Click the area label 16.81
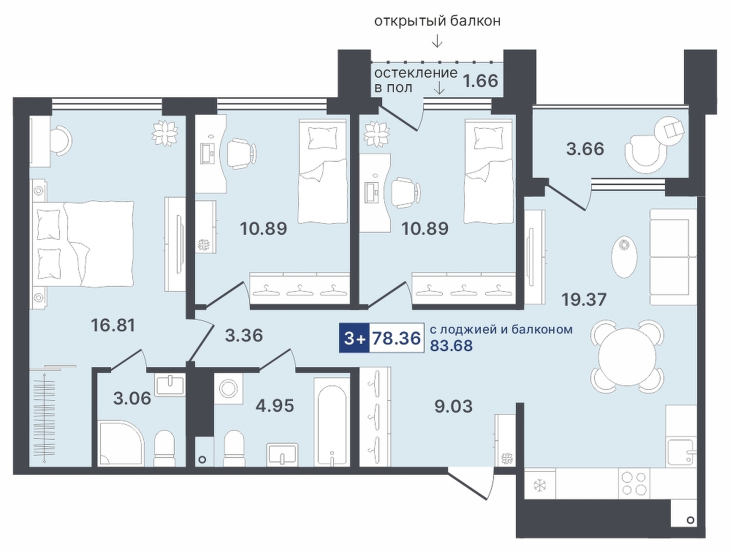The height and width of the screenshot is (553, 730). click(113, 325)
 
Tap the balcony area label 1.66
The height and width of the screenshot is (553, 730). click(481, 80)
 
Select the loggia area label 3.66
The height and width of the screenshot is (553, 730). click(585, 148)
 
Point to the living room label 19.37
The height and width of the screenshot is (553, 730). click(585, 300)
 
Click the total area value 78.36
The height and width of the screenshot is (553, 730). click(397, 338)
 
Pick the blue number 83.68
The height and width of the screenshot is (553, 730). click(451, 346)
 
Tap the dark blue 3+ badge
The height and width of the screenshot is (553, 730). click(354, 338)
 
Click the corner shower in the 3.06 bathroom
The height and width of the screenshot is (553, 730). click(120, 443)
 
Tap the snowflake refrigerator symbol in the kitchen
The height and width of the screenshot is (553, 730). click(540, 486)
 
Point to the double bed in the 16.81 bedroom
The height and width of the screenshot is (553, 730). click(83, 243)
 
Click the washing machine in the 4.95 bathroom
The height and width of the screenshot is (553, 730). click(229, 390)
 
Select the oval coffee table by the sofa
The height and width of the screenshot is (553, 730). click(623, 257)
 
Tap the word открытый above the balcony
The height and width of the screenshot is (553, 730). click(404, 21)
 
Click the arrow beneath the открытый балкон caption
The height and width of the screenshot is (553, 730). click(437, 41)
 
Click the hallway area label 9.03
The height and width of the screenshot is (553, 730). click(453, 407)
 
